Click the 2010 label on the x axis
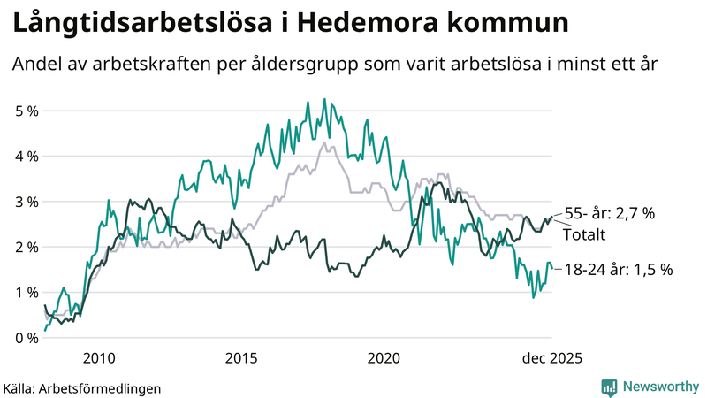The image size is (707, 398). pyautogui.click(x=98, y=357)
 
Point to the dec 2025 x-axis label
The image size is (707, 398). pyautogui.click(x=548, y=357)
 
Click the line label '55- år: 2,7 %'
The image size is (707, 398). pyautogui.click(x=611, y=214)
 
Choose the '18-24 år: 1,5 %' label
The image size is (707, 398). pyautogui.click(x=619, y=270)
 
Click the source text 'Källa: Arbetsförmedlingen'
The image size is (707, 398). pyautogui.click(x=82, y=387)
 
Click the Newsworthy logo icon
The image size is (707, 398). pyautogui.click(x=609, y=387)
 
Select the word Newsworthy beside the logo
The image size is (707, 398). pyautogui.click(x=658, y=387)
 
